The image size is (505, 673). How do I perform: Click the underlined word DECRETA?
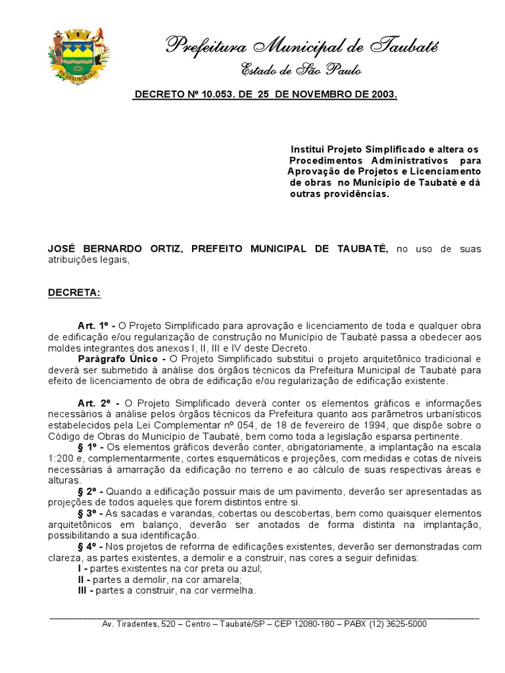pyautogui.click(x=74, y=292)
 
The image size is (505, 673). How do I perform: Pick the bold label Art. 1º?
pyautogui.click(x=95, y=326)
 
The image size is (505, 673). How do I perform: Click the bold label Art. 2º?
pyautogui.click(x=95, y=403)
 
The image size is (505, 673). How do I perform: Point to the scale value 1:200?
pyautogui.click(x=62, y=458)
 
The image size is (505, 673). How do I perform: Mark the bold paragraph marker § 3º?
pyautogui.click(x=89, y=513)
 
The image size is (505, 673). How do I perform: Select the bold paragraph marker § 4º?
pyautogui.click(x=89, y=547)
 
